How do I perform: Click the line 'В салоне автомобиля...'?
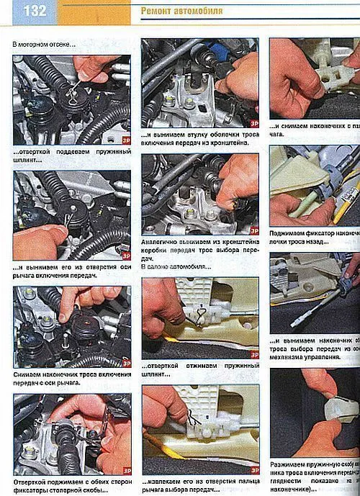coord(176,267)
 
